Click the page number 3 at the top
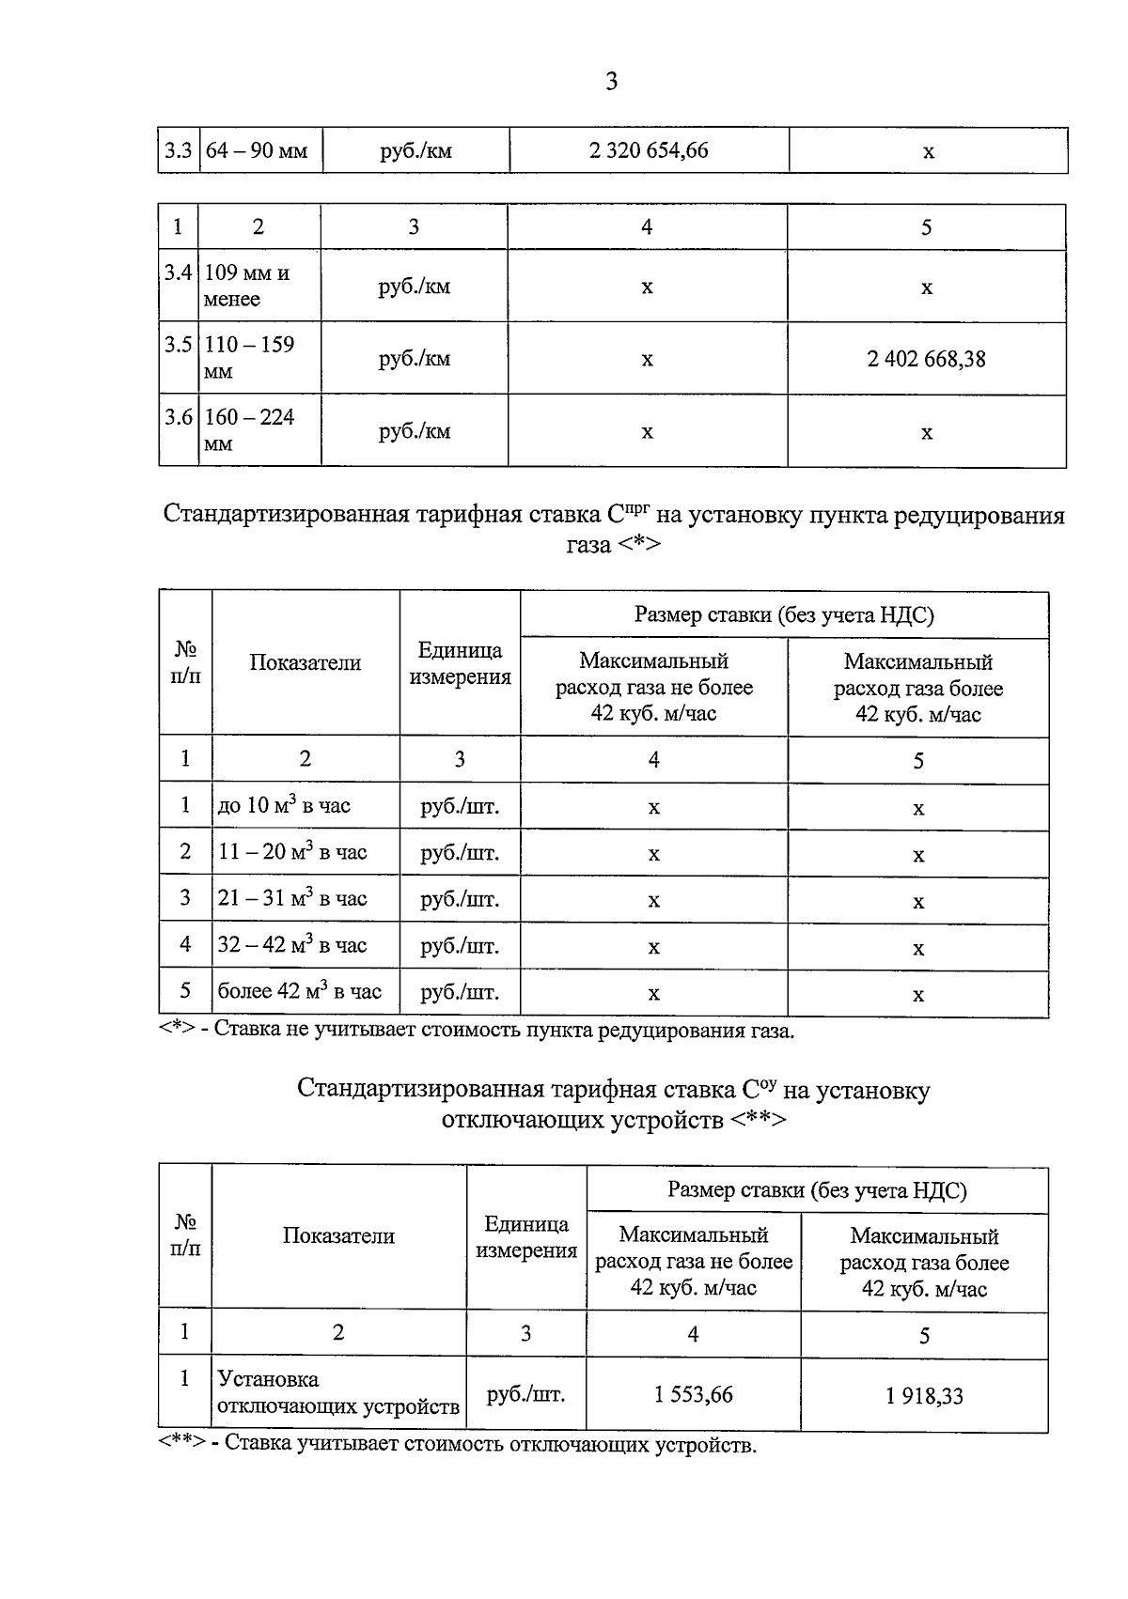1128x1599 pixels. (611, 82)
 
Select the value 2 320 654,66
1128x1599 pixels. (649, 150)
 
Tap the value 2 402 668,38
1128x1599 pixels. (926, 359)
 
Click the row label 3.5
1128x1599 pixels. (179, 346)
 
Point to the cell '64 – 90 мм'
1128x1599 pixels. (257, 151)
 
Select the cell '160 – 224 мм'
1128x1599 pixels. (250, 430)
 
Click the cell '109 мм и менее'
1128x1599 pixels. (247, 286)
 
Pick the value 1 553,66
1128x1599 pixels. (693, 1395)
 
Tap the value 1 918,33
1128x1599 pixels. (924, 1396)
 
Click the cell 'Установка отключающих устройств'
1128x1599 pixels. (337, 1393)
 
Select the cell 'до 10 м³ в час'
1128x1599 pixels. (284, 806)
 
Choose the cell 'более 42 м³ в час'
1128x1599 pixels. (299, 992)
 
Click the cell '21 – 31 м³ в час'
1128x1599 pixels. (291, 899)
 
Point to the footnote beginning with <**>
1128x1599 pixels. (457, 1445)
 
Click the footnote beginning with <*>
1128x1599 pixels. (476, 1031)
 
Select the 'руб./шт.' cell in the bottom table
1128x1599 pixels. (525, 1394)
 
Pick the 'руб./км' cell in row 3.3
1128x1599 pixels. (415, 151)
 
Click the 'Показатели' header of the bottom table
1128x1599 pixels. (338, 1236)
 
